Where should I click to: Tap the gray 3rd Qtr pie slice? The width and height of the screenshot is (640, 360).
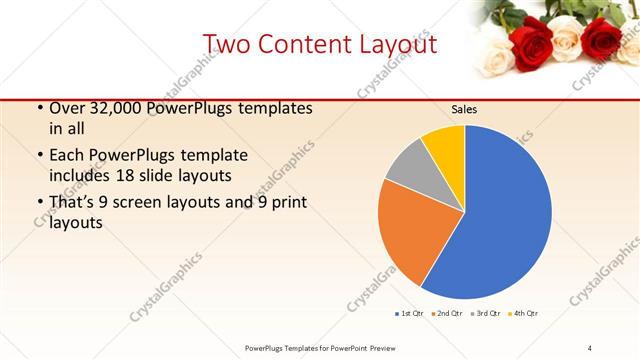point(406,170)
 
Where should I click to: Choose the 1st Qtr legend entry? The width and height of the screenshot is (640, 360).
point(410,314)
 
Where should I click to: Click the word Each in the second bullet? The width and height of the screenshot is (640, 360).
point(66,156)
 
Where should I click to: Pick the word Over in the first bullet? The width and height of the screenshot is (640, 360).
point(66,108)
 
